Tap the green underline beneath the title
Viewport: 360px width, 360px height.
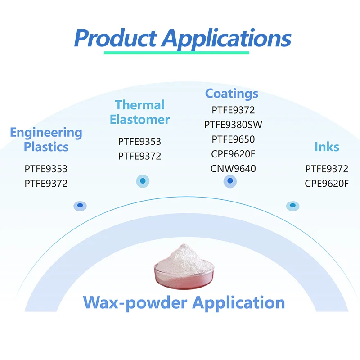[176, 53]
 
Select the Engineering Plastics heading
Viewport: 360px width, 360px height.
[46, 139]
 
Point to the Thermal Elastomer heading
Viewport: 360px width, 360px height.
[139, 112]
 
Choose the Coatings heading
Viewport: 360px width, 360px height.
[232, 94]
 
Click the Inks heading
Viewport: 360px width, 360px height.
[327, 147]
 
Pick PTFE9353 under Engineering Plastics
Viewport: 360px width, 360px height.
[46, 170]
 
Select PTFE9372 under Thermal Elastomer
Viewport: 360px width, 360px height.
[139, 156]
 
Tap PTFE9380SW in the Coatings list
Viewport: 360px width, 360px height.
[233, 125]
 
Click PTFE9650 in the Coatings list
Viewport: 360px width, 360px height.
[233, 139]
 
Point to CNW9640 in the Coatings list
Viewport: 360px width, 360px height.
[233, 169]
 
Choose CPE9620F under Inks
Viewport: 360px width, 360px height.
[327, 184]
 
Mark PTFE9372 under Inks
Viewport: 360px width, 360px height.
[327, 169]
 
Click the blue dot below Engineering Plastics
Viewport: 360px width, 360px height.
[80, 206]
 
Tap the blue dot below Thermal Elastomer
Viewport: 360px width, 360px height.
[143, 181]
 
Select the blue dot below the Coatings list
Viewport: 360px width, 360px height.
[230, 181]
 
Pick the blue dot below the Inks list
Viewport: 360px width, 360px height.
[292, 206]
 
